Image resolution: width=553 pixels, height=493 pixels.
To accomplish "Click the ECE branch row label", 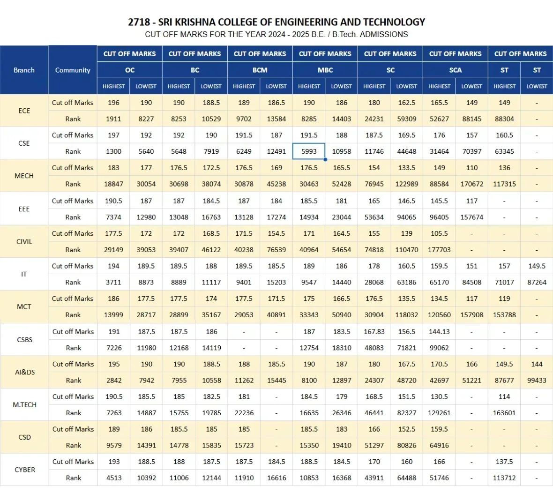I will (x=24, y=111).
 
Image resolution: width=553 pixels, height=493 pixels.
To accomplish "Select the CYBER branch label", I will (x=25, y=470).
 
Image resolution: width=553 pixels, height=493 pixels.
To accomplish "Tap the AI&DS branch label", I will (x=25, y=372).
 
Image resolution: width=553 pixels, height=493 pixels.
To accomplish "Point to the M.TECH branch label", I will (x=25, y=404).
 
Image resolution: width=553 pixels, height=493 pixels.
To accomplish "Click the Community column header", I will (x=73, y=70).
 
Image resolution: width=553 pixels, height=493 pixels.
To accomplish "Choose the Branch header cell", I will (x=24, y=70).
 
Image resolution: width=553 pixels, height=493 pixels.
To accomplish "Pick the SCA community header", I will (x=456, y=70).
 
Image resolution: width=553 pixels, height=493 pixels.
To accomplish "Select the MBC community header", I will (x=325, y=70).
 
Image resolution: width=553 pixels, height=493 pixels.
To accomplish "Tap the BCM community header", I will (x=260, y=70).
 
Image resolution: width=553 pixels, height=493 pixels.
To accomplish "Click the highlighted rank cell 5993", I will (x=309, y=151).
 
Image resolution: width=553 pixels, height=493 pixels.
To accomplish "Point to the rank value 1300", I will (x=114, y=151).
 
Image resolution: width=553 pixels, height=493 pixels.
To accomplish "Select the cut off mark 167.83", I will (x=374, y=331).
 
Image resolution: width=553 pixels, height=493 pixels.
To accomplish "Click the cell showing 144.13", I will (x=439, y=331).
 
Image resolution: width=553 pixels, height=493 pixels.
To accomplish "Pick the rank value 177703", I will (x=439, y=250).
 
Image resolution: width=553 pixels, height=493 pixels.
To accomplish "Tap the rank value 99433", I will (x=537, y=381).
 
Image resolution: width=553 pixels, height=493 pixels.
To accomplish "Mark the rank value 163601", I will (x=504, y=413).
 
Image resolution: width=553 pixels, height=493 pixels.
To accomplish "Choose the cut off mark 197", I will (x=114, y=135).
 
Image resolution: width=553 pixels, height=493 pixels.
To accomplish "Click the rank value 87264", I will (x=537, y=282).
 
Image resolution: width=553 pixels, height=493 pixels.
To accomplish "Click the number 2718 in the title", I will (x=139, y=22).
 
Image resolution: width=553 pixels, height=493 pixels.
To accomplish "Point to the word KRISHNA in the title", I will (x=195, y=22).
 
